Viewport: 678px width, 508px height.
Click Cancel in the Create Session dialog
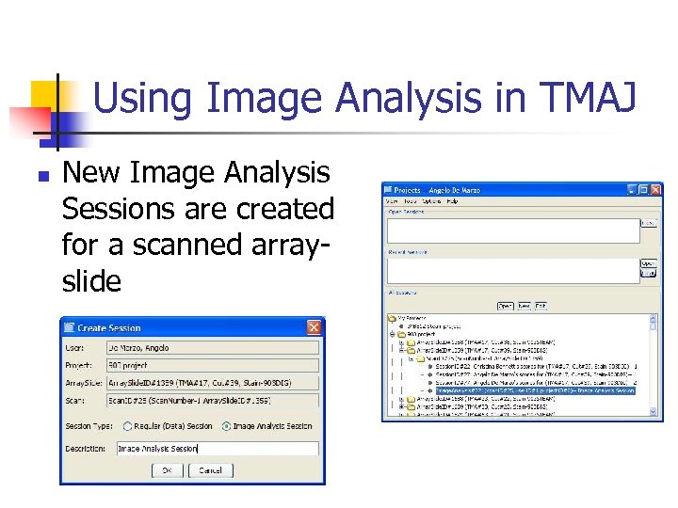point(210,469)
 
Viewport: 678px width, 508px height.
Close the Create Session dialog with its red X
point(314,327)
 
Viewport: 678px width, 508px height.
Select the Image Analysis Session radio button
point(226,425)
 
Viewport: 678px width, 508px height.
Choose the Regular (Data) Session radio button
point(124,425)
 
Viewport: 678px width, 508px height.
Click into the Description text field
point(217,448)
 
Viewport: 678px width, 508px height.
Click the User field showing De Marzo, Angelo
point(212,348)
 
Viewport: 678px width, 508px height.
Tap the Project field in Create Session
point(212,365)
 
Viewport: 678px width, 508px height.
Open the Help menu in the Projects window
point(452,200)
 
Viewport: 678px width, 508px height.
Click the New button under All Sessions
point(524,306)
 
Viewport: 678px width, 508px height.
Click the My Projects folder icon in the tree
point(394,319)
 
